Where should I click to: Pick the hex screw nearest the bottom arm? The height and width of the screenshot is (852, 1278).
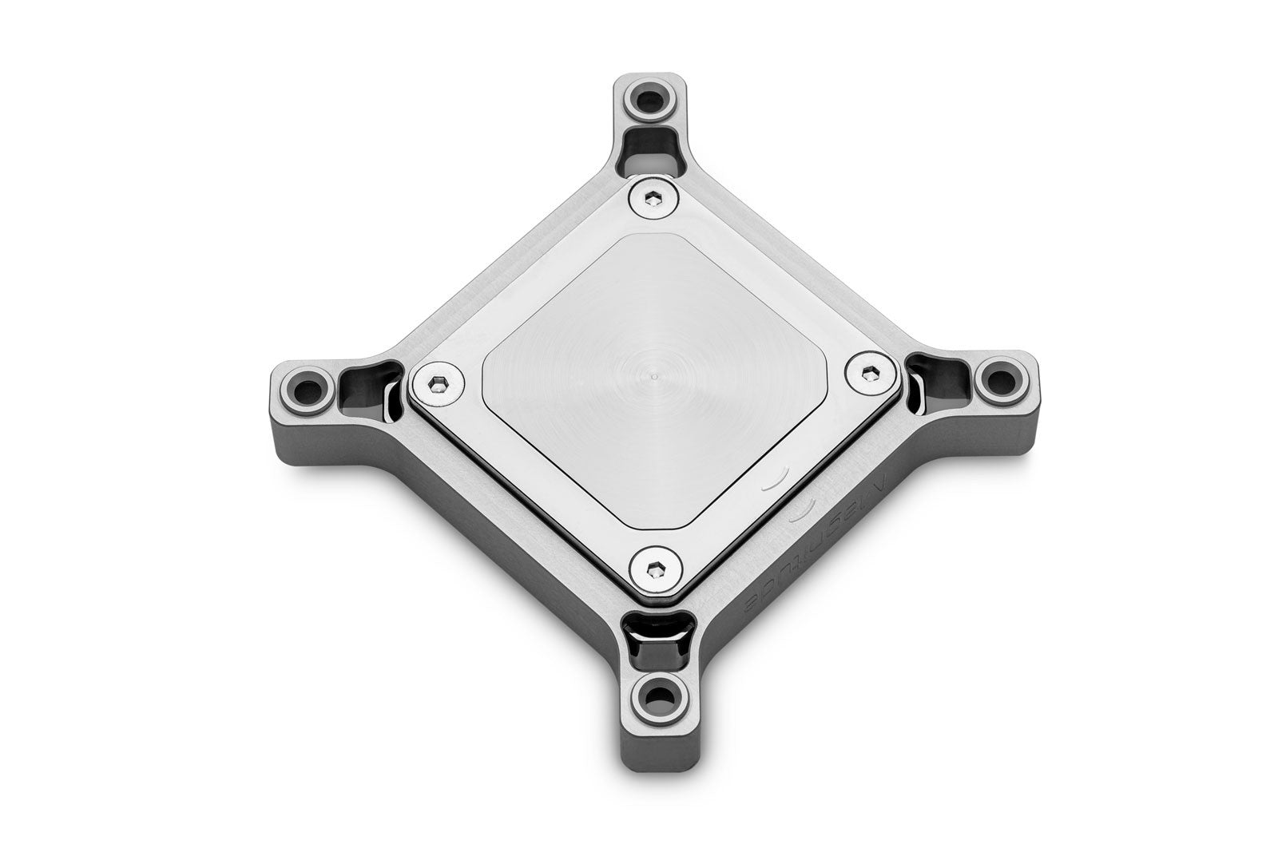(654, 569)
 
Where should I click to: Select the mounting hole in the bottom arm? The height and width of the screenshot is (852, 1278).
(659, 697)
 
